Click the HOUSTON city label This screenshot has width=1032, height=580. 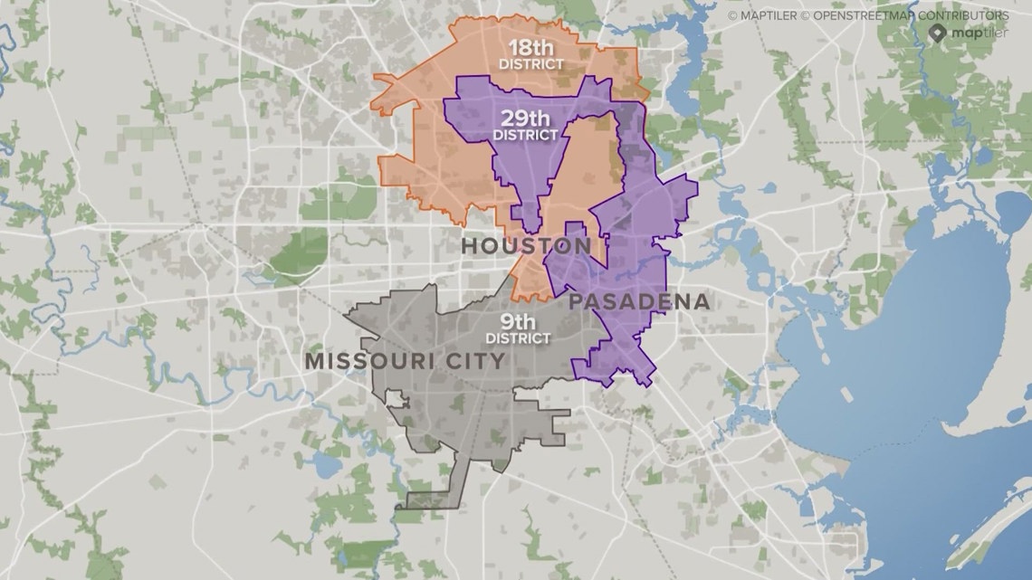[x=525, y=246]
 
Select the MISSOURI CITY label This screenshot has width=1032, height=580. [x=405, y=360]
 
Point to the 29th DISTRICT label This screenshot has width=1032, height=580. [x=525, y=124]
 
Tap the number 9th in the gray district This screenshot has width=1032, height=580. [x=518, y=321]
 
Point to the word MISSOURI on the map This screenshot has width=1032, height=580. [x=369, y=360]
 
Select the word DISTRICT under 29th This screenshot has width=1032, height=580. [x=525, y=134]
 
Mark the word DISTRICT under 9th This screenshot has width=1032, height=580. [x=518, y=338]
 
